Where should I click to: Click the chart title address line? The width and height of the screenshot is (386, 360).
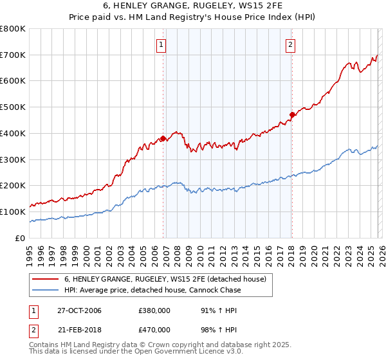[x=193, y=6]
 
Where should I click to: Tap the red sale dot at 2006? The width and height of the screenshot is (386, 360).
[x=163, y=138]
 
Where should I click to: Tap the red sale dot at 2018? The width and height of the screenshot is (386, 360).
[x=292, y=114]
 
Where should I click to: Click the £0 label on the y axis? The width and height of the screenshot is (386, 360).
[x=21, y=238]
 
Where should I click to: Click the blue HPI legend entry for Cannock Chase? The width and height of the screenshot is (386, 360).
[x=152, y=290]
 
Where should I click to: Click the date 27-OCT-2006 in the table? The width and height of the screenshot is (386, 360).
[x=80, y=310]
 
